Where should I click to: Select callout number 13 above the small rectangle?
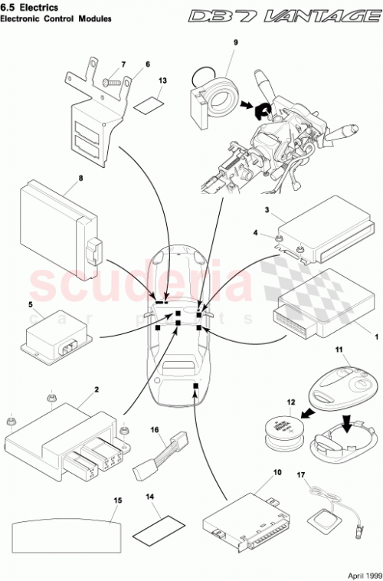coord(162,80)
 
